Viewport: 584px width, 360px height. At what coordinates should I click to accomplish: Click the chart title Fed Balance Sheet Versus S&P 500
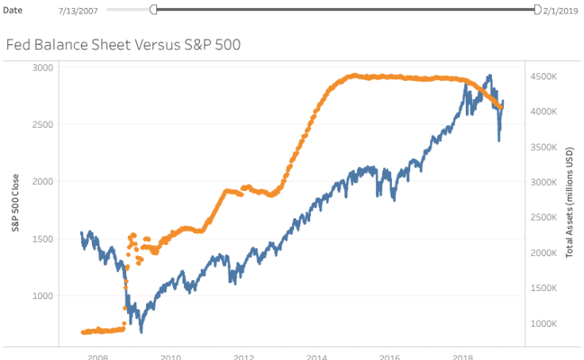(x=123, y=44)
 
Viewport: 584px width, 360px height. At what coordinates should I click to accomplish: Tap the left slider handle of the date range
(x=153, y=10)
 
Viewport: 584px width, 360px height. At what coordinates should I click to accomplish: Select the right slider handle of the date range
(x=537, y=10)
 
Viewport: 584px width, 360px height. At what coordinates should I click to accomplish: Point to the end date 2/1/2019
(x=560, y=10)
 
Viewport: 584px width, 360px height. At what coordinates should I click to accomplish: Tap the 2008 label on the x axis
(x=98, y=357)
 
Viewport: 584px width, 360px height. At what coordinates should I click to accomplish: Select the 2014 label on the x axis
(x=317, y=357)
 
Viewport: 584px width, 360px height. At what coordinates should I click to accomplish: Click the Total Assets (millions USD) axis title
(x=569, y=202)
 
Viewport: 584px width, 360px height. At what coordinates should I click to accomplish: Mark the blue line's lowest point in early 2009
(x=141, y=331)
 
